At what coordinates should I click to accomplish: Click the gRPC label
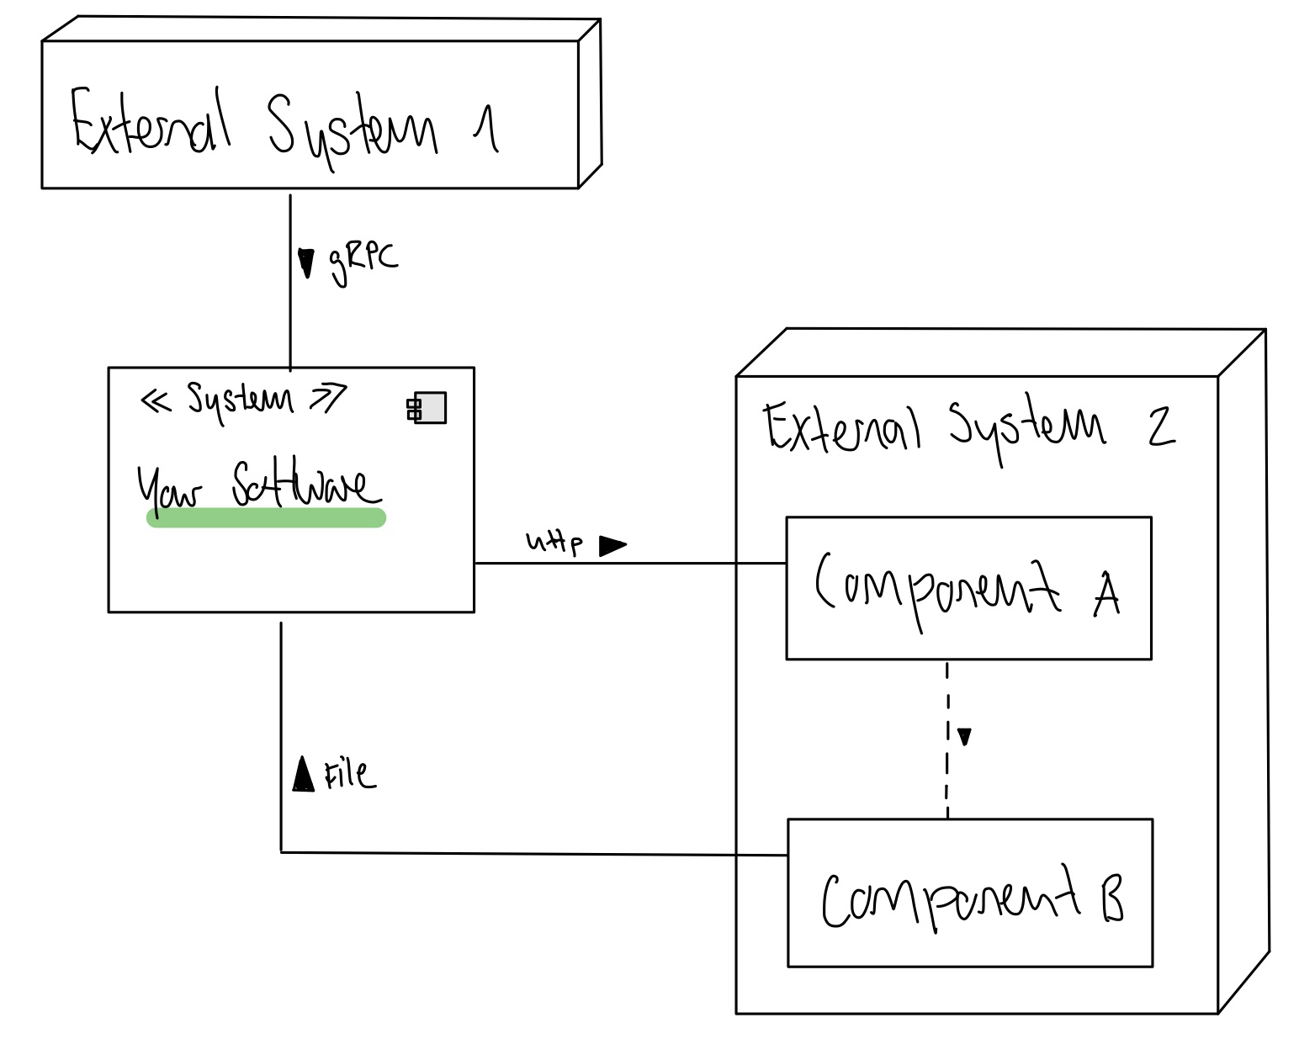[363, 264]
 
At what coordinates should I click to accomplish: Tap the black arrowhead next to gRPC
[306, 263]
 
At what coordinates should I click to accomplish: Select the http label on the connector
[554, 543]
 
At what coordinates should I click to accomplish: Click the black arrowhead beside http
[612, 546]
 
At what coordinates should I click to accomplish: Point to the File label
[351, 776]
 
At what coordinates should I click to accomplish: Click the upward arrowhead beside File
[303, 774]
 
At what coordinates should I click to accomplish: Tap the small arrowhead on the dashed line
[964, 737]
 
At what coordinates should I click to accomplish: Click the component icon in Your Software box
[427, 407]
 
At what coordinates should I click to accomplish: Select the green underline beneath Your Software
[266, 518]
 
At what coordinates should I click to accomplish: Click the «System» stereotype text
[244, 400]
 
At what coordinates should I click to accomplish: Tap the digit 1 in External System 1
[486, 130]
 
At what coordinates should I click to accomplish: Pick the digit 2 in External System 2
[1161, 427]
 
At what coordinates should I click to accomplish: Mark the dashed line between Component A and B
[947, 740]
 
